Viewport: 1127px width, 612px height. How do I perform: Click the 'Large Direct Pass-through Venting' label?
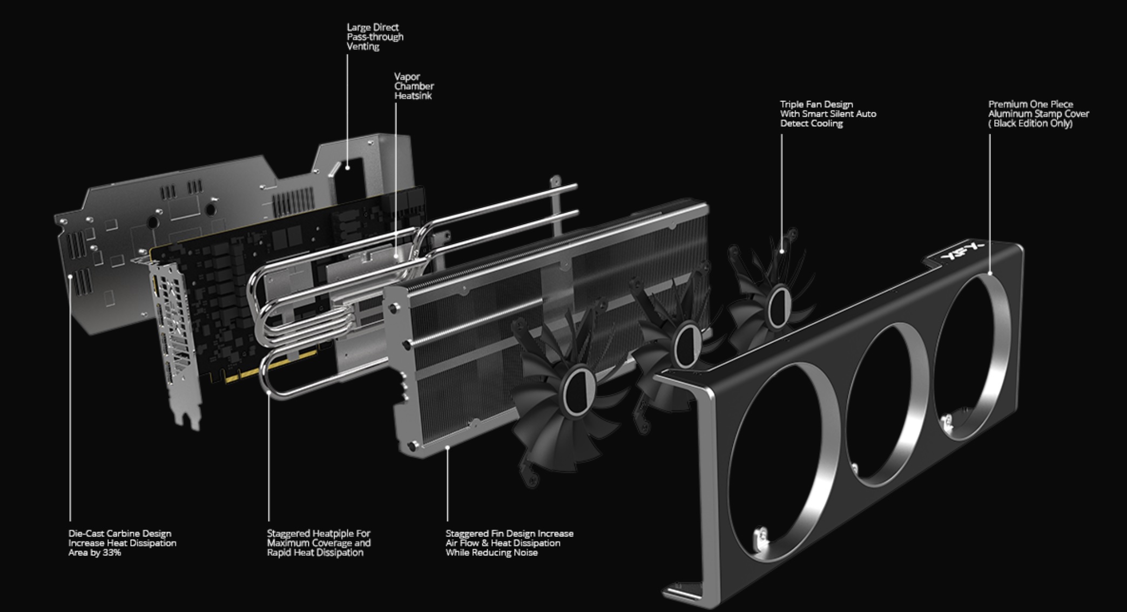(x=375, y=37)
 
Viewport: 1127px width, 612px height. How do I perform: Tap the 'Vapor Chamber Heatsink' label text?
(x=414, y=86)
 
